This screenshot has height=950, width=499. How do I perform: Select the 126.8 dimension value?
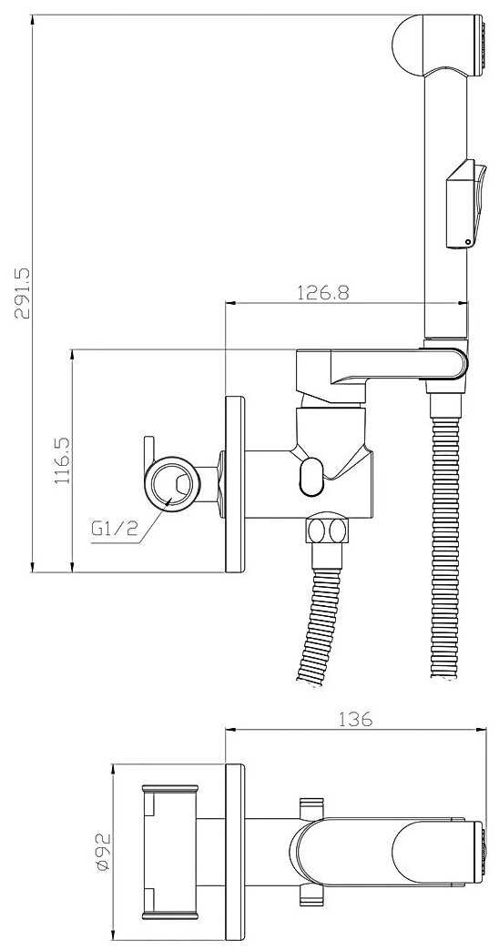coord(323,293)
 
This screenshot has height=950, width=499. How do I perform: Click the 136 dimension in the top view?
coord(355,720)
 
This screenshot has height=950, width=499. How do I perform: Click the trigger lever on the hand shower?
coord(465,203)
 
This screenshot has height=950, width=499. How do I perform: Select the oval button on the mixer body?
coord(312,476)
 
